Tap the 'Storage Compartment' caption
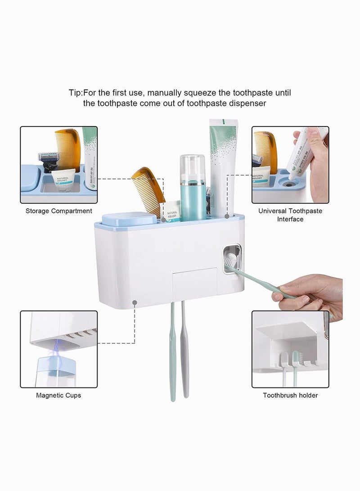(58, 211)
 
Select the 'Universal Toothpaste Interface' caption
(290, 215)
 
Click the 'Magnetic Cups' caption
(58, 395)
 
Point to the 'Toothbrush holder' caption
(290, 395)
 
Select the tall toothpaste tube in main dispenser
(223, 167)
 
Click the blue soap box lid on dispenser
(129, 219)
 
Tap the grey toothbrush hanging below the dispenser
(185, 351)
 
